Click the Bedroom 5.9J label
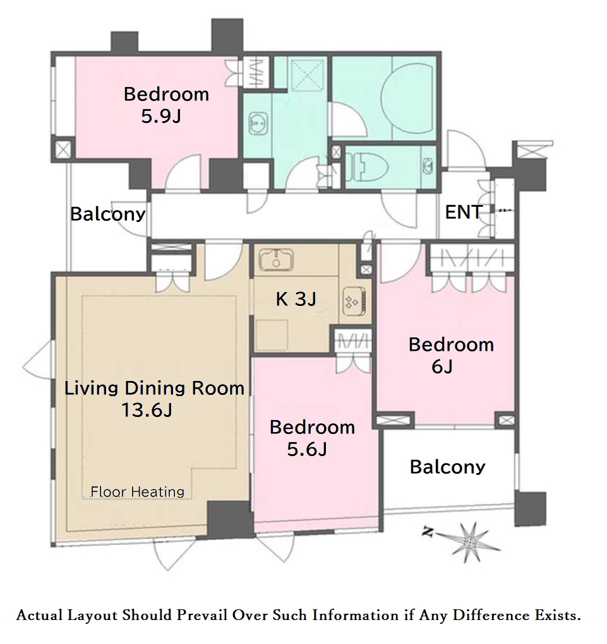tap(166, 105)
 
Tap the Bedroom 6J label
tap(451, 355)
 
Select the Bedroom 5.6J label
tap(312, 438)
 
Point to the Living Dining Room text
tap(155, 388)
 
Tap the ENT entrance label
tap(464, 213)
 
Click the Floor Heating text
tap(137, 491)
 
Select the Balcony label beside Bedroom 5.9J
tap(108, 214)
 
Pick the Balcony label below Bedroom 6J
tap(447, 467)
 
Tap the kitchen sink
tap(276, 260)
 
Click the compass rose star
tap(467, 543)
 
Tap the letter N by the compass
tap(427, 533)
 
